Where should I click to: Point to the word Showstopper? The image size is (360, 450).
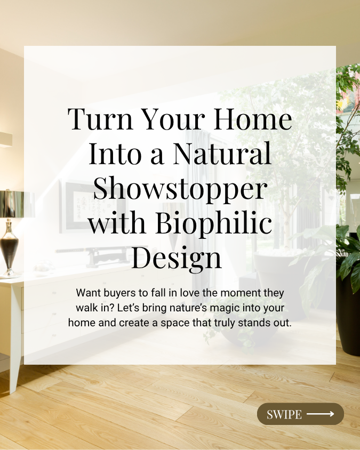(180, 189)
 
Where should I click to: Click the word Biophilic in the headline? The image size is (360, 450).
(213, 223)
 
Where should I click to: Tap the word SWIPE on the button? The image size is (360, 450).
(284, 414)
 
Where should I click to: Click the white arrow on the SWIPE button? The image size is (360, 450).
(321, 414)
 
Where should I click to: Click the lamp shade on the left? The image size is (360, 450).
(12, 204)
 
